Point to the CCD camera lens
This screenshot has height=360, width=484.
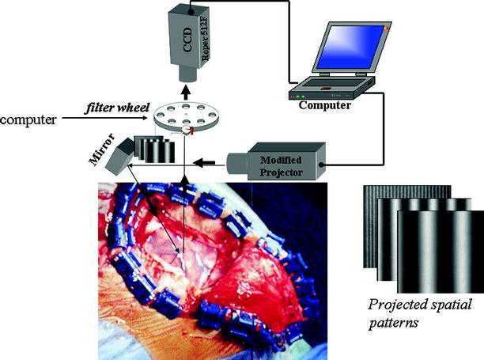pyautogui.click(x=189, y=73)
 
